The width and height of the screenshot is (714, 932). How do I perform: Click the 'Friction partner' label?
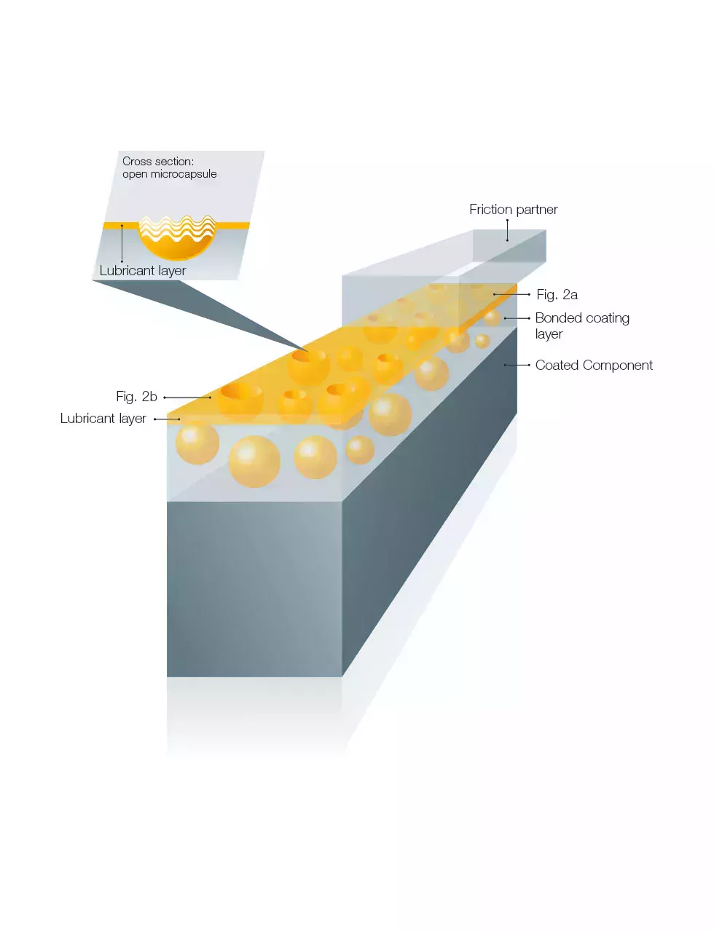pos(513,210)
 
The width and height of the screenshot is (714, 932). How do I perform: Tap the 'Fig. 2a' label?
pos(557,295)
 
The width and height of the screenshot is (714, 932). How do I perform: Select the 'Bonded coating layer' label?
pos(581,325)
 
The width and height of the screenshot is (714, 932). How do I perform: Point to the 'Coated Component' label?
pos(594,366)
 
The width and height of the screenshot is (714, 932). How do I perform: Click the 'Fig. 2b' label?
pos(136,397)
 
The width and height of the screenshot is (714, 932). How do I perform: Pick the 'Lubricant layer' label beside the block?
pos(103,419)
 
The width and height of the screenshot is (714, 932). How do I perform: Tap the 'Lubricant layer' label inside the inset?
pos(142,271)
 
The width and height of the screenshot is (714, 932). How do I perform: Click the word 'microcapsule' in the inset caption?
pos(184,174)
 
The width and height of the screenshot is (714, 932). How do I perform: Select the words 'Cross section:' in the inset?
pos(157,162)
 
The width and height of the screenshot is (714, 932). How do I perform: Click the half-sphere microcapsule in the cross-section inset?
pos(177,244)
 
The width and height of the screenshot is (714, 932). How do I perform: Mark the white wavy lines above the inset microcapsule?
pos(177,226)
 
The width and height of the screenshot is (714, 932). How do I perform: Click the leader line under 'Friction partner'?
pos(507,230)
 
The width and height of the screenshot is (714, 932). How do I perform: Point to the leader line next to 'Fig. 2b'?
pos(187,398)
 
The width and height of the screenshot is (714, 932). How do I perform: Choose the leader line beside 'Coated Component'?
pos(517,365)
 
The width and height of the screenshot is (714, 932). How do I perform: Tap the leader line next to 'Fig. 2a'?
pos(511,294)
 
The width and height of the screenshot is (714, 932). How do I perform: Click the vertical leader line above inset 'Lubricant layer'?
pos(122,244)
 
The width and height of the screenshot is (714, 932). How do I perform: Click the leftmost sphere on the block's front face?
pos(197,443)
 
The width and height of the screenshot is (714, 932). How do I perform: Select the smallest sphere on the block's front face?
pos(359,450)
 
